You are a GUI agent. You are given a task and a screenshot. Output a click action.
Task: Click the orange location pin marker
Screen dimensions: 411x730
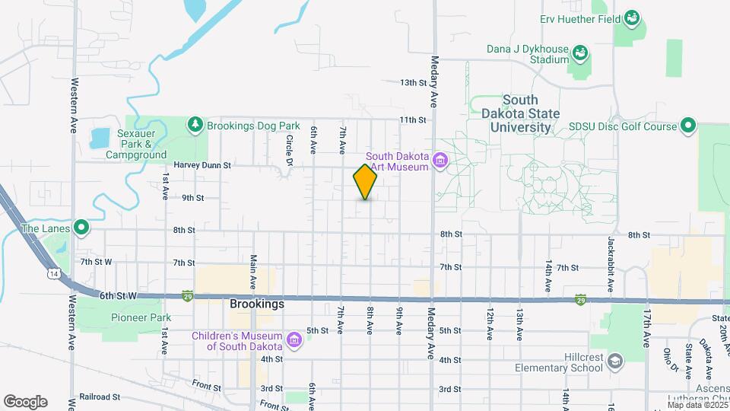coord(366,181)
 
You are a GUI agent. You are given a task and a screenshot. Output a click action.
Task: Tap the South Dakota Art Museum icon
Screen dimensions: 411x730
coord(440,161)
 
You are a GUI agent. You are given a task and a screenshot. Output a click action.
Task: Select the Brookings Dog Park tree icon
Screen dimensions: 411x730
coord(196,124)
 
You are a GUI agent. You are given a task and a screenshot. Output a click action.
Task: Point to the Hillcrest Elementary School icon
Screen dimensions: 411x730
coord(614,360)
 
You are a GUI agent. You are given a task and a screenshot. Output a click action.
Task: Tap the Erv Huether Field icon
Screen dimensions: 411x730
coord(631,18)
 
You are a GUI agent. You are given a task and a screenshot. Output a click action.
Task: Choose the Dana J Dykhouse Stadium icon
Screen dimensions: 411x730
coord(579,53)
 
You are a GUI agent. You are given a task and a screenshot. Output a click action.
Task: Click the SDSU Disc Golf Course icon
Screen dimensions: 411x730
coord(688,126)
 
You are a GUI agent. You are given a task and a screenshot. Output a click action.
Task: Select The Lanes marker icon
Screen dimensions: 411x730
coord(81,228)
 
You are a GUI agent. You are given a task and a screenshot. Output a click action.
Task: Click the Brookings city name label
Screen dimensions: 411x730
coord(257,304)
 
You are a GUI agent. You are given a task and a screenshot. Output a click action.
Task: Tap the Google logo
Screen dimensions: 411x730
coord(25,401)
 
